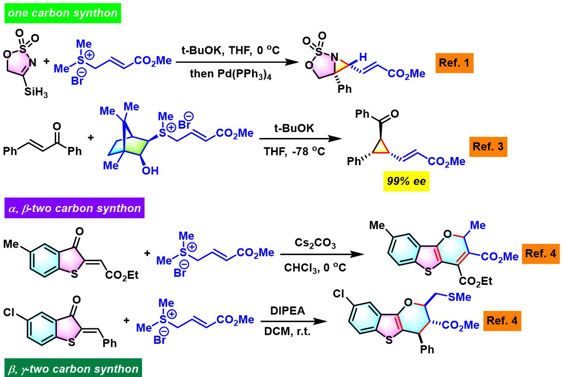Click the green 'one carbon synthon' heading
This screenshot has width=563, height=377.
click(63, 13)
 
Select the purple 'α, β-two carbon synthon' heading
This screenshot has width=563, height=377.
click(74, 209)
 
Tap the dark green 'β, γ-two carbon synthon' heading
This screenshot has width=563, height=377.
click(73, 369)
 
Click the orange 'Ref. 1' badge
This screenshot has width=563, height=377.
click(454, 62)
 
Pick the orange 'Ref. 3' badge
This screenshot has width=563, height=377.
click(488, 146)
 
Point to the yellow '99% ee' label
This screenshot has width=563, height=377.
click(406, 181)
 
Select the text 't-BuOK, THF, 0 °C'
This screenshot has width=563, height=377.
click(231, 50)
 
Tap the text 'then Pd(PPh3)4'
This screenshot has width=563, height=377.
click(231, 74)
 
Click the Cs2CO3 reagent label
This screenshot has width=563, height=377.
click(315, 243)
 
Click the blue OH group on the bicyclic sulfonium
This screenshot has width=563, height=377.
click(150, 171)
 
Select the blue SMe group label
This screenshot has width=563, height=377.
click(459, 297)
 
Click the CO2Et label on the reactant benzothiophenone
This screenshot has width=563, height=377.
click(122, 276)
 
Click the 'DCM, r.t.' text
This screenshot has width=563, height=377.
click(287, 332)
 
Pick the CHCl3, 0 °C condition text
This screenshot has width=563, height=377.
click(315, 268)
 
